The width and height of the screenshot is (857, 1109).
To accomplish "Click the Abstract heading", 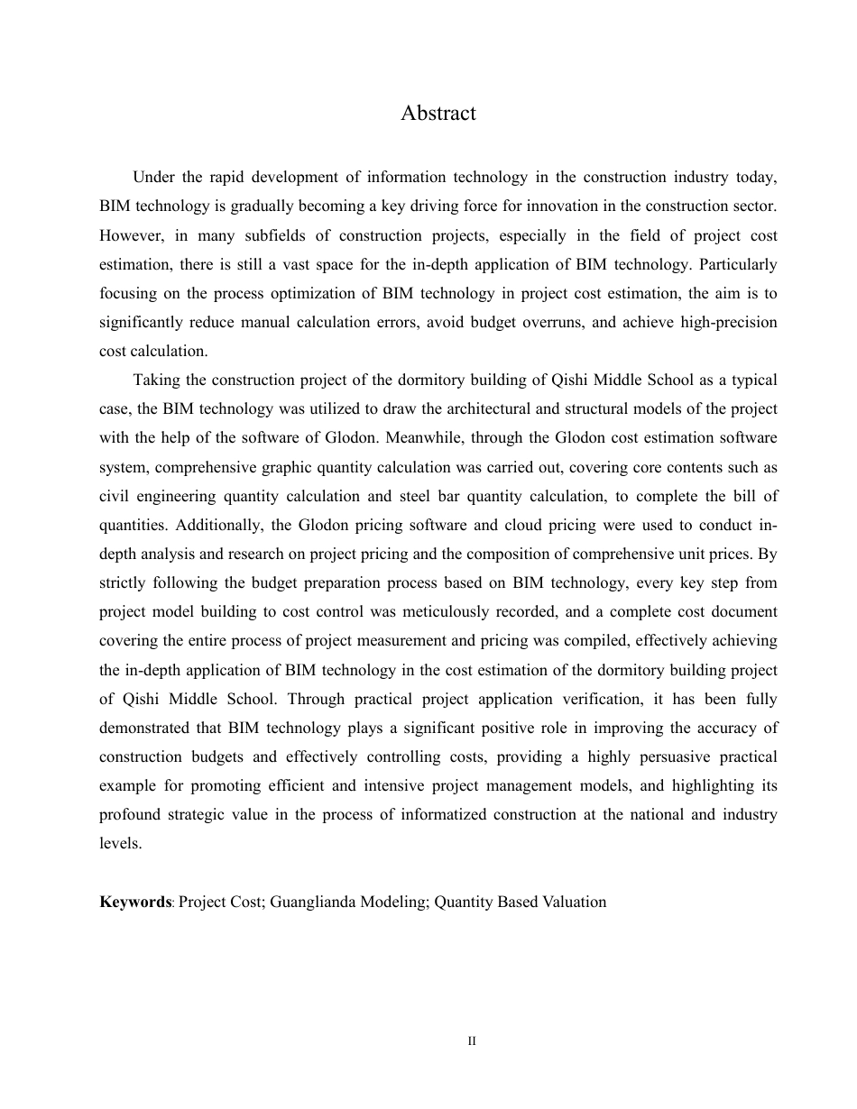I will click(438, 114).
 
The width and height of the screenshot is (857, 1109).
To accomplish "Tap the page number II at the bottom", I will click(471, 1041).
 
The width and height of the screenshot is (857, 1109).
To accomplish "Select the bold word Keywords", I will click(135, 902).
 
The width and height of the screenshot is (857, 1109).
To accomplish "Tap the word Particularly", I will click(739, 265).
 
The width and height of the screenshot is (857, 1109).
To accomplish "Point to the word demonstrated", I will click(143, 728).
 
